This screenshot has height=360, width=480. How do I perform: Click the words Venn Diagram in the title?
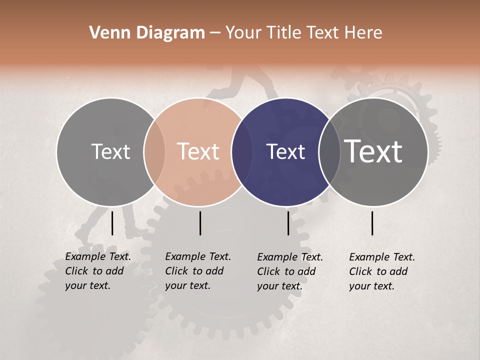point(147,33)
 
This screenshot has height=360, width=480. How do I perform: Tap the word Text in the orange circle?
point(198,151)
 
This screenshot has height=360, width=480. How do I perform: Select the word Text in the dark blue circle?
point(285,151)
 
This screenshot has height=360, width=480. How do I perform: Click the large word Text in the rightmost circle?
point(373,151)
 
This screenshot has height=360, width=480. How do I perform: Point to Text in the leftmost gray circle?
point(110,151)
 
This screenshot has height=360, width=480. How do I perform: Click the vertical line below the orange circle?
point(200,223)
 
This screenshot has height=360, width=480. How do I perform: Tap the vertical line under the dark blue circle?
point(288,223)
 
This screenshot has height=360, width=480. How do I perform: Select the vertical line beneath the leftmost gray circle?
point(112,223)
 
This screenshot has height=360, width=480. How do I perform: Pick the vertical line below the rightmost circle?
point(372,223)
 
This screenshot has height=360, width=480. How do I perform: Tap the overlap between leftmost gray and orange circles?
point(154,152)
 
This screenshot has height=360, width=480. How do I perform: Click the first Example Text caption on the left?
point(98,257)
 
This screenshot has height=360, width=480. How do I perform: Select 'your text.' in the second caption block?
point(187,285)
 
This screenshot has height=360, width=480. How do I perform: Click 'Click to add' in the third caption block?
point(286,271)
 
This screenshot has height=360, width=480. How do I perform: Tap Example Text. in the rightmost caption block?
point(382,257)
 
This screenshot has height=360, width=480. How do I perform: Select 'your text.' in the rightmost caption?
point(371,286)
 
